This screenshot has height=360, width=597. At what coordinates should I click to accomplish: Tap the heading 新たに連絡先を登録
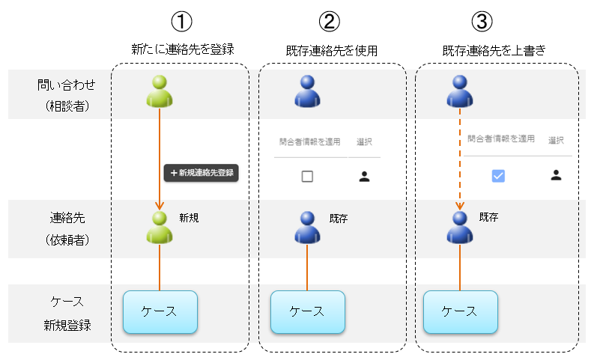(x=182, y=50)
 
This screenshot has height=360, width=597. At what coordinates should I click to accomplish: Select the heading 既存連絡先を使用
(x=331, y=51)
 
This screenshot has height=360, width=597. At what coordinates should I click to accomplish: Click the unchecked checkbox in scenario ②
(x=307, y=177)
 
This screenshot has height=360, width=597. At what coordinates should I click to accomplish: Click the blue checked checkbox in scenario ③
(x=498, y=176)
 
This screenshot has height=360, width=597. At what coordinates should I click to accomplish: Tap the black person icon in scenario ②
(x=364, y=177)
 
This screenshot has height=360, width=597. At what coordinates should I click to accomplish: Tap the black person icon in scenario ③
(x=556, y=175)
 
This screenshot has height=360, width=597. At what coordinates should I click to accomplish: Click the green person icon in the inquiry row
(x=160, y=91)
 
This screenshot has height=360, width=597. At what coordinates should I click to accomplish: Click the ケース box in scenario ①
(x=160, y=312)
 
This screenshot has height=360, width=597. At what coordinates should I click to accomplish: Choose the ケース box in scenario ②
(x=307, y=312)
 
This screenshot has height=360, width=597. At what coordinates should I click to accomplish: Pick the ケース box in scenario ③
(x=460, y=312)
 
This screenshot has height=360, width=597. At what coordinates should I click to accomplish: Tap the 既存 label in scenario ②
(x=339, y=219)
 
